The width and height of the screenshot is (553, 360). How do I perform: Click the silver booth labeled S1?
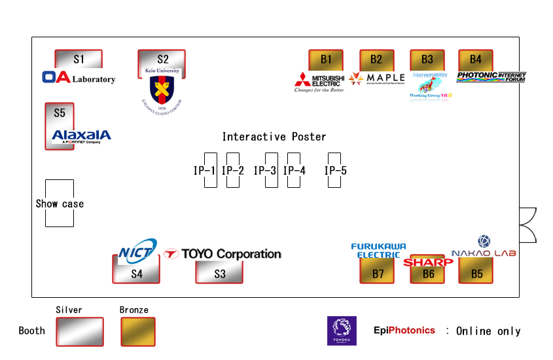79,59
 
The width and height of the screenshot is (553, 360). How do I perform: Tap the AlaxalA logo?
81,136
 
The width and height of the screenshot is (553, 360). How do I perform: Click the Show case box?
60,204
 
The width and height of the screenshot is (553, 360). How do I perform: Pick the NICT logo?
137,249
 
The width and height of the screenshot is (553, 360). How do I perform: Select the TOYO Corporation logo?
223,253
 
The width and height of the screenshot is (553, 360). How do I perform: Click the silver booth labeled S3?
219,272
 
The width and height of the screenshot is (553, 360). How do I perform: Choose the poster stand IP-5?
334,170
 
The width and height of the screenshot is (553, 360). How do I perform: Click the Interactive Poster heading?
274,137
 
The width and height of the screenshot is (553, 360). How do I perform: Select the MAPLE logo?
377,79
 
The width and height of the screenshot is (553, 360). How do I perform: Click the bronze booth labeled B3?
427,60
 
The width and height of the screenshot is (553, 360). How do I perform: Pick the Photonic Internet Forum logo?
491,77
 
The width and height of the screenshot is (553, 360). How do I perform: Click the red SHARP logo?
428,262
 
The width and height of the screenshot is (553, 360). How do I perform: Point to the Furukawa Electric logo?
378,250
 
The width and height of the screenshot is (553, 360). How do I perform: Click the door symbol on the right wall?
527,225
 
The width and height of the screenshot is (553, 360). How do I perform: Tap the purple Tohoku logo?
342,331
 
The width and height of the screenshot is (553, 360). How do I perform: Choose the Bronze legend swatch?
138,332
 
